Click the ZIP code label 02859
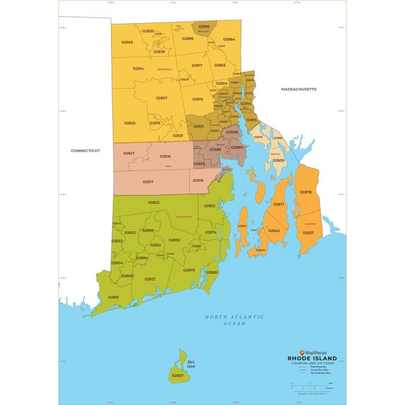127,42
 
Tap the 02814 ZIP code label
138,68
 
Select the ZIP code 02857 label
161,98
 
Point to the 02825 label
130,123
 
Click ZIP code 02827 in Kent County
129,153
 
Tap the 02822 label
154,203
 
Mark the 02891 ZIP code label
113,297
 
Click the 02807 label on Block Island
178,376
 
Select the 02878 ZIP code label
305,192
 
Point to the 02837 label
308,233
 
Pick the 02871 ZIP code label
279,204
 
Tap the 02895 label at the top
204,27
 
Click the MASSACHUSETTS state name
299,90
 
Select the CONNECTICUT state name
85,150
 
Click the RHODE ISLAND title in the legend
313,358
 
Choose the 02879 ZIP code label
189,270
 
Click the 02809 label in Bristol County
278,160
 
